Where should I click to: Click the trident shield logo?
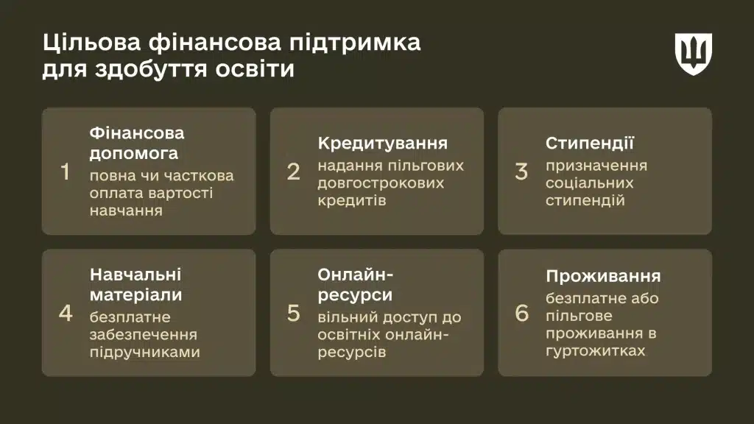pyautogui.click(x=694, y=54)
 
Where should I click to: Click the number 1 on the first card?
pyautogui.click(x=66, y=172)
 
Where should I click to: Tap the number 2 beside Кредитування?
pyautogui.click(x=293, y=172)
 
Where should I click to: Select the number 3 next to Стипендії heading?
pyautogui.click(x=521, y=172)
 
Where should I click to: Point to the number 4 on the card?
pyautogui.click(x=66, y=313)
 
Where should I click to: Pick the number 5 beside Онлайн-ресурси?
pyautogui.click(x=293, y=313)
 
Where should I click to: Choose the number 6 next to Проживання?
pyautogui.click(x=521, y=313)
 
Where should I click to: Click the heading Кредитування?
pyautogui.click(x=382, y=143)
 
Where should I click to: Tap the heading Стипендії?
pyautogui.click(x=590, y=143)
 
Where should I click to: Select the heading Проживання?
pyautogui.click(x=603, y=276)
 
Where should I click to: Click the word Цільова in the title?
pyautogui.click(x=91, y=42)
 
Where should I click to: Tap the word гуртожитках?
pyautogui.click(x=596, y=350)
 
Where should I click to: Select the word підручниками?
pyautogui.click(x=144, y=352)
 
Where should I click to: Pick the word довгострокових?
pyautogui.click(x=381, y=183)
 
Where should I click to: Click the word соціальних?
pyautogui.click(x=589, y=183)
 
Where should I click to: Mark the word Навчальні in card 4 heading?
pyautogui.click(x=135, y=275)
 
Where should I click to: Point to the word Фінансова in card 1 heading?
pyautogui.click(x=137, y=134)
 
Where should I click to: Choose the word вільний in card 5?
pyautogui.click(x=348, y=317)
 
